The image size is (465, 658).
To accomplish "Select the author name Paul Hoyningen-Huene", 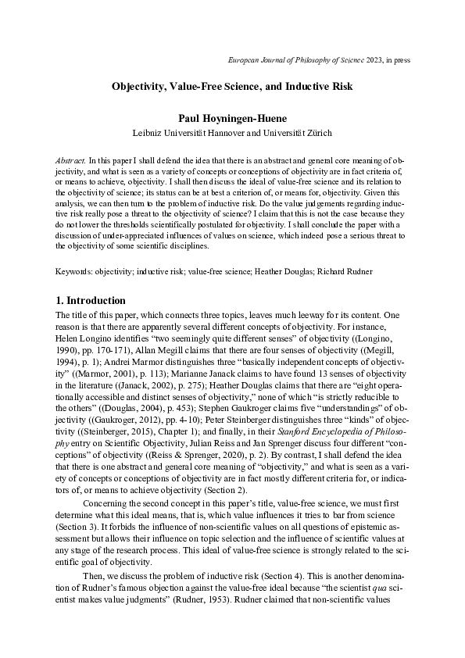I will (232, 118).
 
